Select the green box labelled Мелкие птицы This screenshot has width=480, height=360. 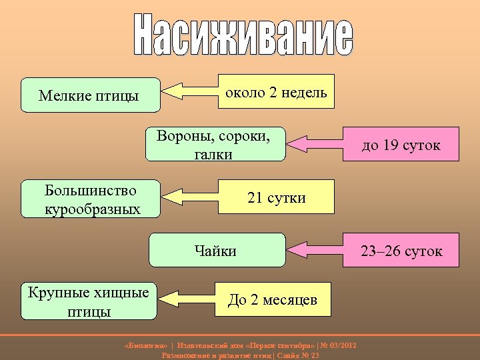point(91,95)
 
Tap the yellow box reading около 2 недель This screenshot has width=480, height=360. point(277,91)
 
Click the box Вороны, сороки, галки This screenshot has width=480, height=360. point(215,145)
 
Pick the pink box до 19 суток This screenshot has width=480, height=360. point(401,145)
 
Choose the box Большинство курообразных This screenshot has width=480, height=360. point(91,199)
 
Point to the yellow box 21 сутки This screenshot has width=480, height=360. point(277,197)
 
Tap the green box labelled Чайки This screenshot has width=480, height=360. point(216,250)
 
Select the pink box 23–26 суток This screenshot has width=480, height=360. point(401,251)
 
